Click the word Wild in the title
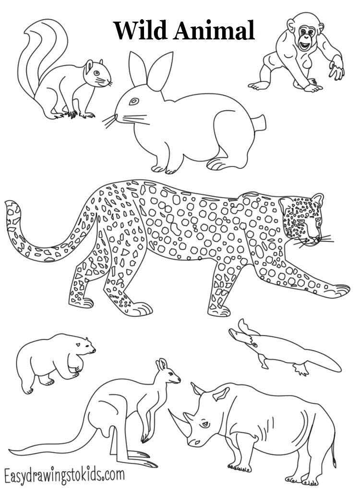click(140, 30)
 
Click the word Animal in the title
click(214, 30)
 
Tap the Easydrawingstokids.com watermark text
click(65, 475)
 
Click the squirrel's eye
click(96, 73)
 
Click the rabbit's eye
click(134, 101)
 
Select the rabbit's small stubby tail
click(259, 123)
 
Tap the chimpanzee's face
click(306, 37)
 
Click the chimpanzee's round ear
click(291, 26)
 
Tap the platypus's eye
click(254, 345)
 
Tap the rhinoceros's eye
click(205, 424)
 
